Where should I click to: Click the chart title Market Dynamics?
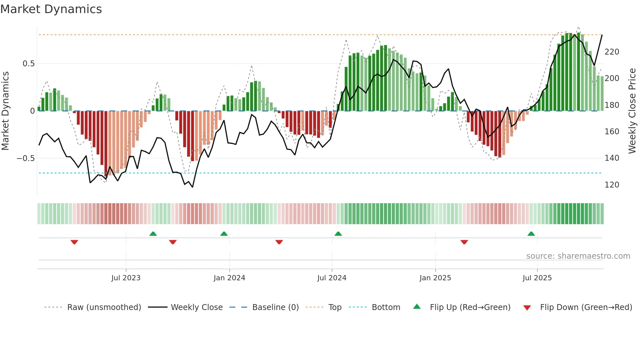pos(51,9)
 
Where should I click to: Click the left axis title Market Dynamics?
pos(5,111)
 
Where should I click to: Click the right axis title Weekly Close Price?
pos(632,111)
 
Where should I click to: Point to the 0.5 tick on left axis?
pos(28,64)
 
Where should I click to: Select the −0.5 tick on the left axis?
pos(26,158)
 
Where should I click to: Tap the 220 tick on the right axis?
pos(612,52)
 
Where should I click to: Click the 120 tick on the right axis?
pos(612,185)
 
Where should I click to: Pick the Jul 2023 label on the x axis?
pos(126,278)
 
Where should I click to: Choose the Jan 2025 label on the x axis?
pos(435,278)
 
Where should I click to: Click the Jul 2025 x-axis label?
pos(537,278)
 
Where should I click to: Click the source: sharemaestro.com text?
pos(578,256)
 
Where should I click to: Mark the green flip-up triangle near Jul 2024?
pos(338,234)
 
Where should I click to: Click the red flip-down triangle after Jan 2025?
pos(464,242)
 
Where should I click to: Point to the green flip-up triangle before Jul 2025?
pos(531,234)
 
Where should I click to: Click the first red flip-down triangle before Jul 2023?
pos(74,242)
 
